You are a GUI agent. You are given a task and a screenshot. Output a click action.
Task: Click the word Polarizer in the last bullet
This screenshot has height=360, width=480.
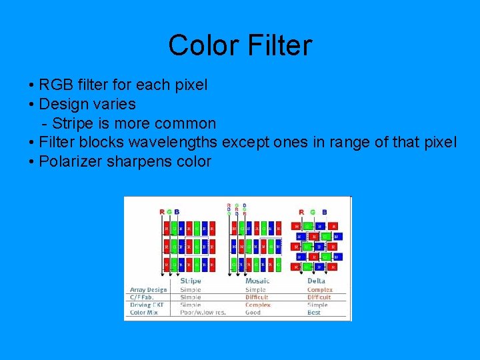click(71, 161)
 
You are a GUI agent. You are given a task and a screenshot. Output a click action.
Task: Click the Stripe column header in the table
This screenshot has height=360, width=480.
click(191, 281)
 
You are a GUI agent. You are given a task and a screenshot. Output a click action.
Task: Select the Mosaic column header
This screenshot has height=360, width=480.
click(258, 281)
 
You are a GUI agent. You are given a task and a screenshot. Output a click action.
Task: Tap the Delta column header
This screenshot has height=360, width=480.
click(316, 281)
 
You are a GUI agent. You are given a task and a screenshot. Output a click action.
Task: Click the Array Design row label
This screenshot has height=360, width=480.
click(148, 290)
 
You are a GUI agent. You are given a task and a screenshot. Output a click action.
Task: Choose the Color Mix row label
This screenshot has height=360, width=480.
click(144, 312)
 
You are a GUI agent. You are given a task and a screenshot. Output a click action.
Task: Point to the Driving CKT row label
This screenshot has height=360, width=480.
click(147, 305)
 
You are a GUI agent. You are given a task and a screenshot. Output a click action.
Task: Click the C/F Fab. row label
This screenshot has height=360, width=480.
click(142, 297)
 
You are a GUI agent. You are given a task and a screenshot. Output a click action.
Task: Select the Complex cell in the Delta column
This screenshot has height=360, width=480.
click(319, 290)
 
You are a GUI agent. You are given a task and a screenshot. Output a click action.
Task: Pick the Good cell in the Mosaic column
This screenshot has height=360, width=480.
click(253, 312)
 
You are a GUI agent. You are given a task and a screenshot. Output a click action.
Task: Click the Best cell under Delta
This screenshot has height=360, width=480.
click(314, 312)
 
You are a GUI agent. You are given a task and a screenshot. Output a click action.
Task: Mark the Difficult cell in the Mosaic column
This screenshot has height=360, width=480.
click(257, 297)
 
